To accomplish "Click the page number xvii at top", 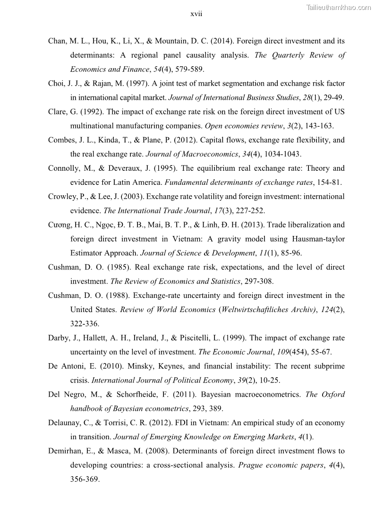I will pos(196,14).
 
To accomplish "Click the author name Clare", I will pos(57,112).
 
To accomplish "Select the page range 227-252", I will pos(250,211).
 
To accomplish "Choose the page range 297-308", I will pos(258,281).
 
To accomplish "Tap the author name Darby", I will pos(58,338).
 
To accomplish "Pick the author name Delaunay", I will pos(64,423).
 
